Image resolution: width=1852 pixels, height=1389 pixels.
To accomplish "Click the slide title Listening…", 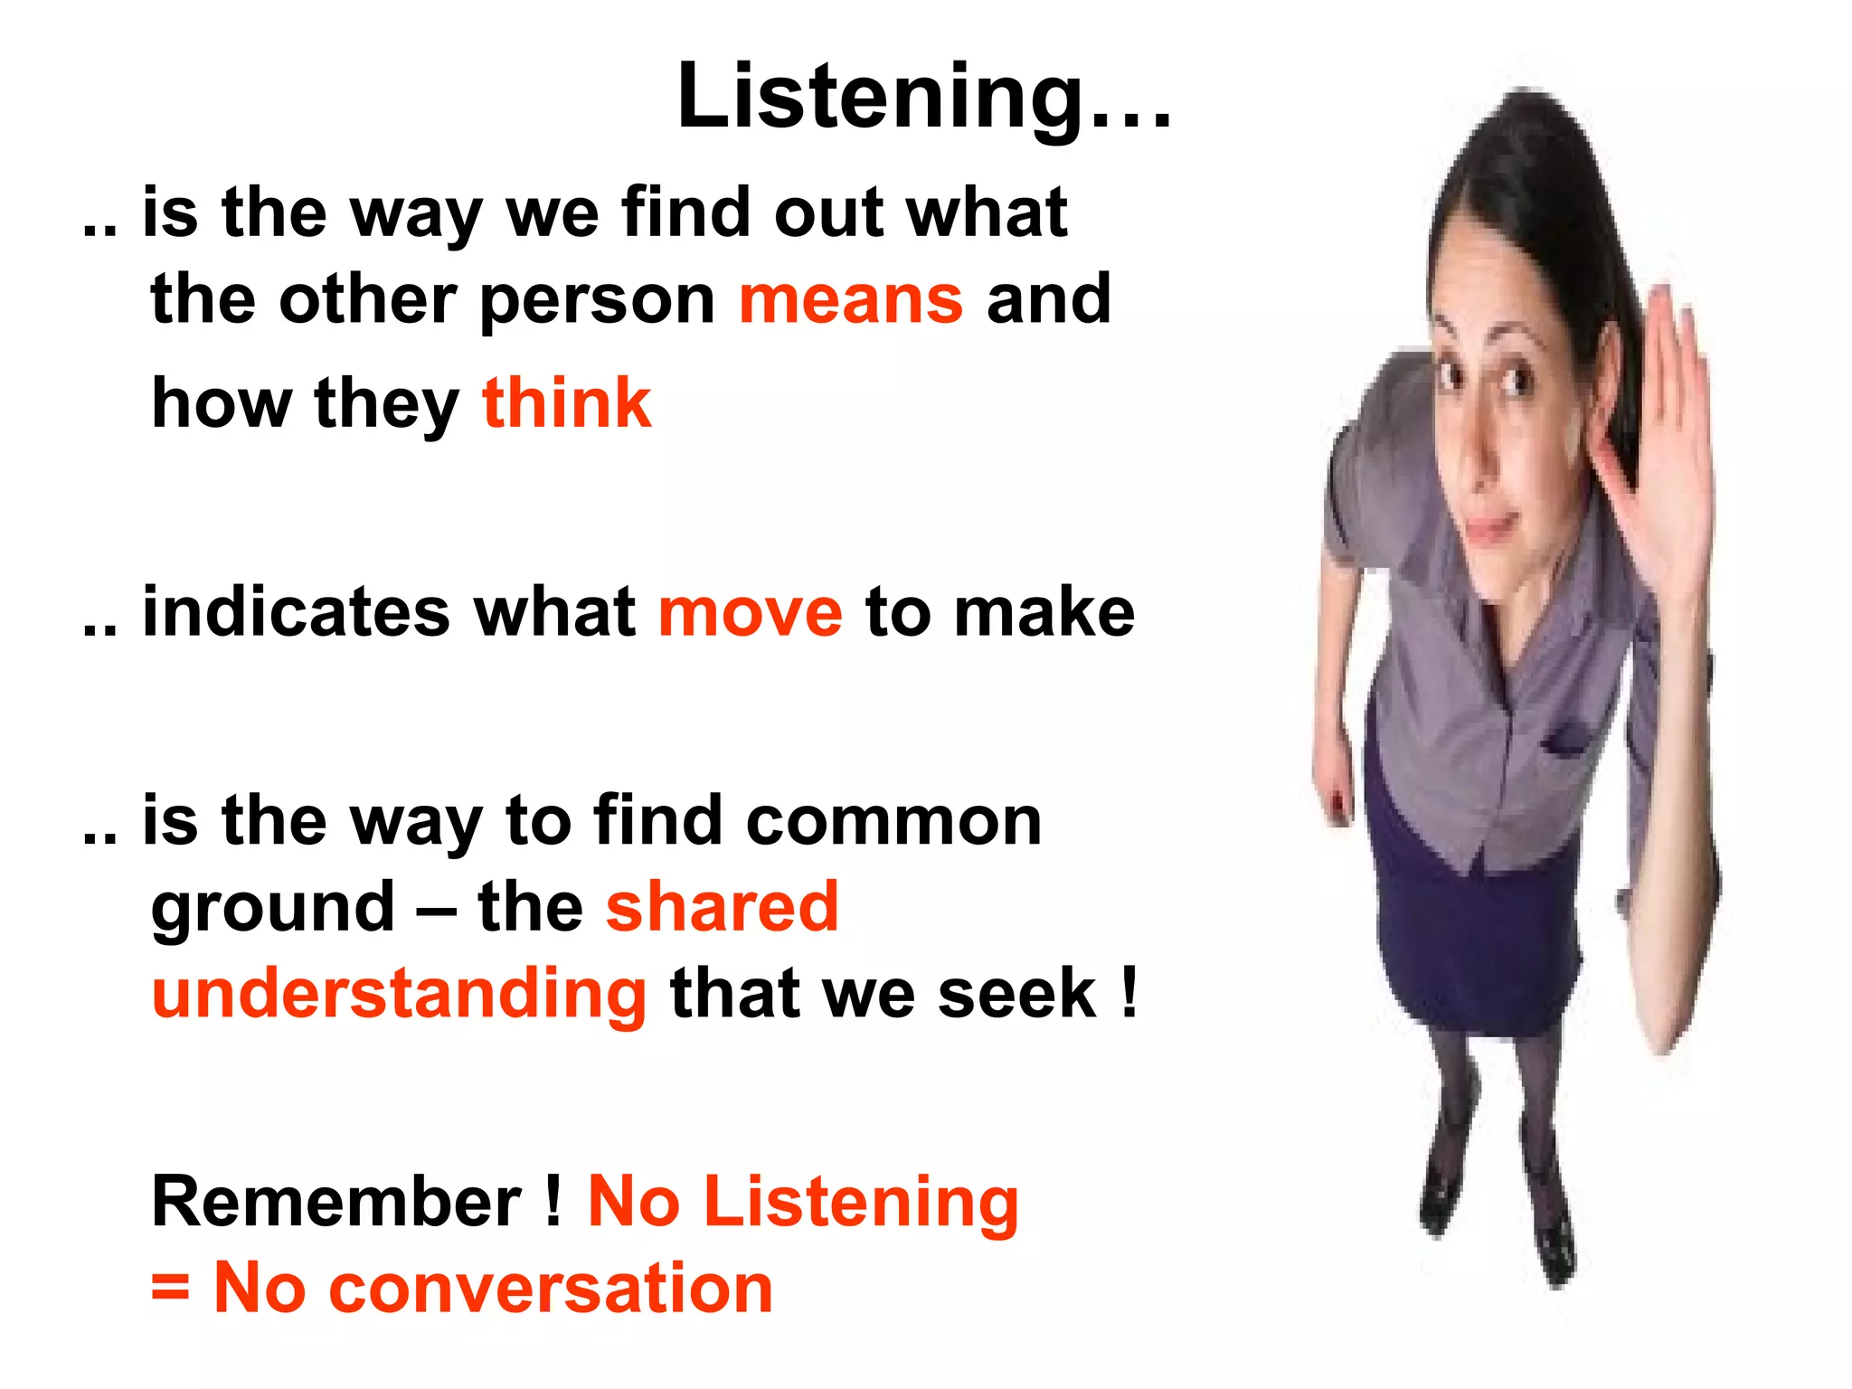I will tap(924, 98).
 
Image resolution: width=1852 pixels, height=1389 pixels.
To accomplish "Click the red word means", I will tap(851, 300).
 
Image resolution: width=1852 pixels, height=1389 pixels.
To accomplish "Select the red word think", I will tap(567, 403).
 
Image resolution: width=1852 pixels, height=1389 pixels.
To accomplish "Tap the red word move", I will tap(751, 613).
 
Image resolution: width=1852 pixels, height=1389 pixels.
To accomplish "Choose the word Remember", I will tap(336, 1202).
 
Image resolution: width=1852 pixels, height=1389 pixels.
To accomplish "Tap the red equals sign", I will tap(170, 1287).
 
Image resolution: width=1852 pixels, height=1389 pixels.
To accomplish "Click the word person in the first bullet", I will tap(597, 302).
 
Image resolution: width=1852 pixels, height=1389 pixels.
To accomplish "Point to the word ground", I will tap(273, 909).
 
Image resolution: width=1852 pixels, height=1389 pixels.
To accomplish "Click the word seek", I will tap(1016, 994).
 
